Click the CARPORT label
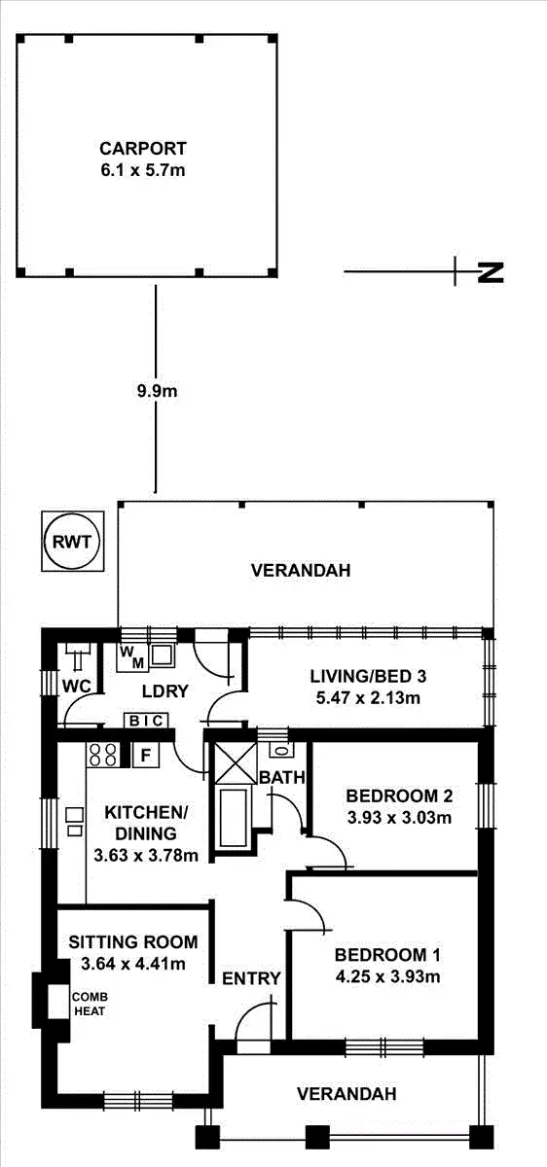click(x=142, y=149)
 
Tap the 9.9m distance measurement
click(x=156, y=391)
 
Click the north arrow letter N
click(x=492, y=272)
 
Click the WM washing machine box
click(x=131, y=657)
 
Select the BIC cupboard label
click(x=147, y=721)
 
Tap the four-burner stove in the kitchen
click(x=103, y=755)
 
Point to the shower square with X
click(x=232, y=760)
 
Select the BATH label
click(x=282, y=777)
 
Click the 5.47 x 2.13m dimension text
click(x=368, y=696)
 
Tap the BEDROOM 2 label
click(x=399, y=796)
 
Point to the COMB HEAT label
click(x=88, y=1004)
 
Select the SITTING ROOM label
click(x=133, y=942)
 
